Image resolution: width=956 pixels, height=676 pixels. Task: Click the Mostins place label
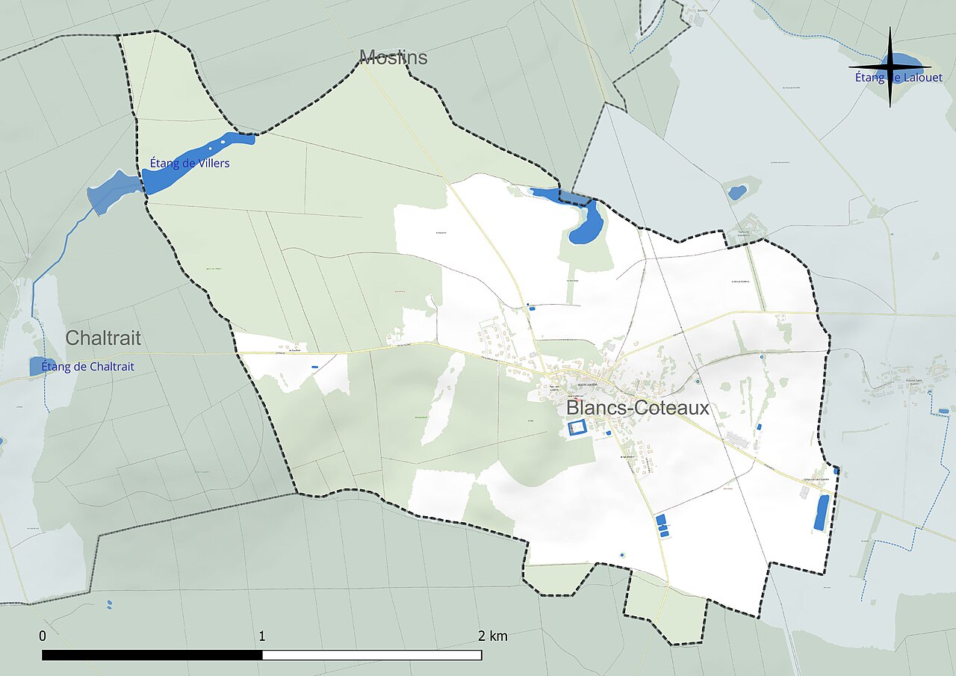[393, 57]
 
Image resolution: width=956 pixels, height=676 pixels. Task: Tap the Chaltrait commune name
[102, 338]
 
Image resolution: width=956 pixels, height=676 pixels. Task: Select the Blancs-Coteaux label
[637, 409]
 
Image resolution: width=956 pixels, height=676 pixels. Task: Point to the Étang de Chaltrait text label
[88, 366]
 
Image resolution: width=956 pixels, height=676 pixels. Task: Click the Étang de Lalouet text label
[899, 78]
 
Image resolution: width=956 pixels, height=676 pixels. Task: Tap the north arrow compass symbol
[890, 68]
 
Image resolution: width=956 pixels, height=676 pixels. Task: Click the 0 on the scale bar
[43, 636]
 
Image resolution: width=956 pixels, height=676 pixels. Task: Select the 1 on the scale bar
[262, 636]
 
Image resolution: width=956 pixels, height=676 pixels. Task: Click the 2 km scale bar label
[492, 636]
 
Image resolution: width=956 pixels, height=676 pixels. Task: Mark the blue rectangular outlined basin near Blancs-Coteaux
[577, 428]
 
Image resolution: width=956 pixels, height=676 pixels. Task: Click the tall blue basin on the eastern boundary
[822, 512]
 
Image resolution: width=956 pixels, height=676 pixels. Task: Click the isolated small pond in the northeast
[737, 192]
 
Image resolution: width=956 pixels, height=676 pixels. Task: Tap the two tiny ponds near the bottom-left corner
[110, 604]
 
